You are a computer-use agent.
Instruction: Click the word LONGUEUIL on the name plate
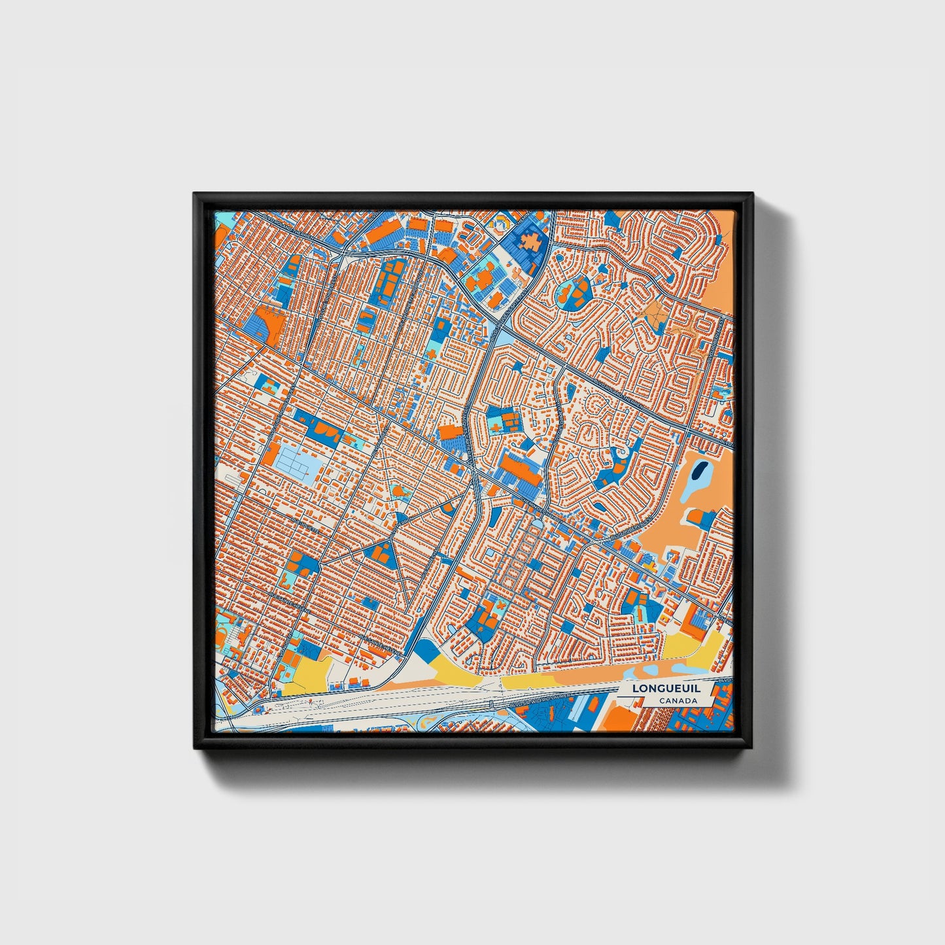[x=655, y=689]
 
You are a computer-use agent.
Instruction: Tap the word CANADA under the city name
[x=678, y=701]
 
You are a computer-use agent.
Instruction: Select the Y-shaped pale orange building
[x=655, y=317]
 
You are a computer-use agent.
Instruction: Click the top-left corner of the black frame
[x=195, y=194]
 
